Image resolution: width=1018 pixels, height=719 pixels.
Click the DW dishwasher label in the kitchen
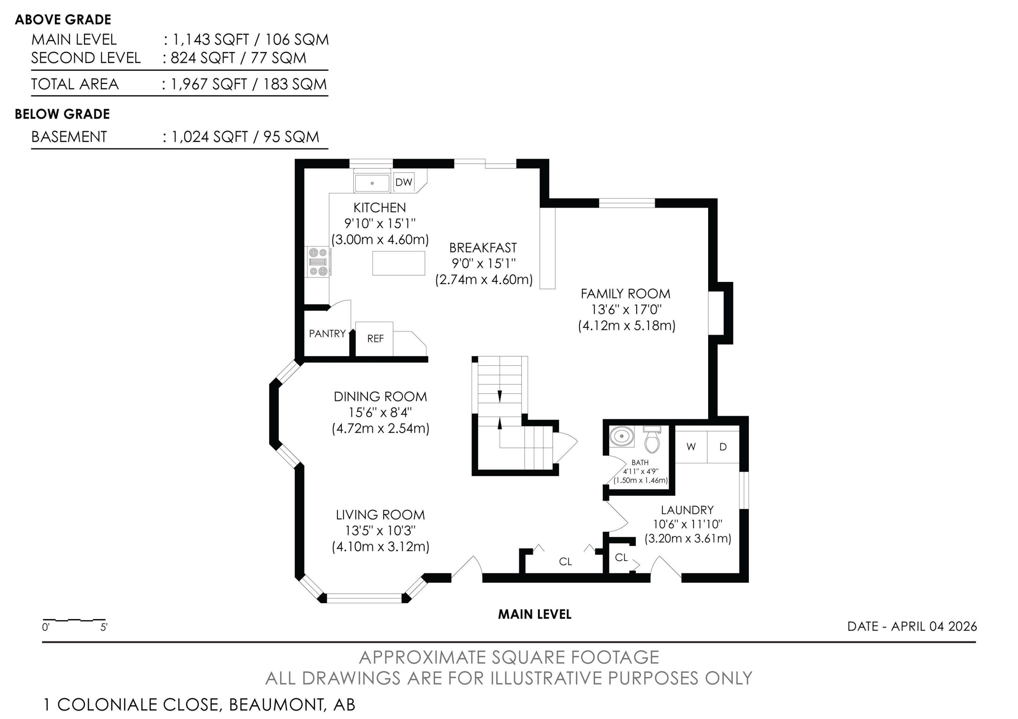coord(403,182)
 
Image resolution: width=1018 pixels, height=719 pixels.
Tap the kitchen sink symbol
coord(372,183)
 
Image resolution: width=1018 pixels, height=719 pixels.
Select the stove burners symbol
coord(318,262)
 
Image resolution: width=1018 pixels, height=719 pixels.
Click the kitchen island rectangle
coord(399,263)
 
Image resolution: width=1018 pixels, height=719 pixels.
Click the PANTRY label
coord(327,333)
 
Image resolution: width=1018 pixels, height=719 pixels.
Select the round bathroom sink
coord(622,436)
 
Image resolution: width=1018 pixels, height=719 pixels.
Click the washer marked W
coord(691,447)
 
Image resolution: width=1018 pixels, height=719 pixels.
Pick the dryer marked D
coord(723,447)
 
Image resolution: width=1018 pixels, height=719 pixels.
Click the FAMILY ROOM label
coord(626,294)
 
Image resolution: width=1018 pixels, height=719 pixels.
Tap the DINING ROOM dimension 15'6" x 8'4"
coord(380,412)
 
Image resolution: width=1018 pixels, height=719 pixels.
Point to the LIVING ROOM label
coord(380,515)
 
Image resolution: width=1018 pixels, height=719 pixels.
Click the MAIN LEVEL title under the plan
coord(535,614)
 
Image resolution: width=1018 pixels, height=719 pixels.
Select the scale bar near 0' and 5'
coord(74,620)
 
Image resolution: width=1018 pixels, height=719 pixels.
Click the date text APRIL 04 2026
coord(934,626)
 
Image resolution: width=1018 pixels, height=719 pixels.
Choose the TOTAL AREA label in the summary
coord(75,84)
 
